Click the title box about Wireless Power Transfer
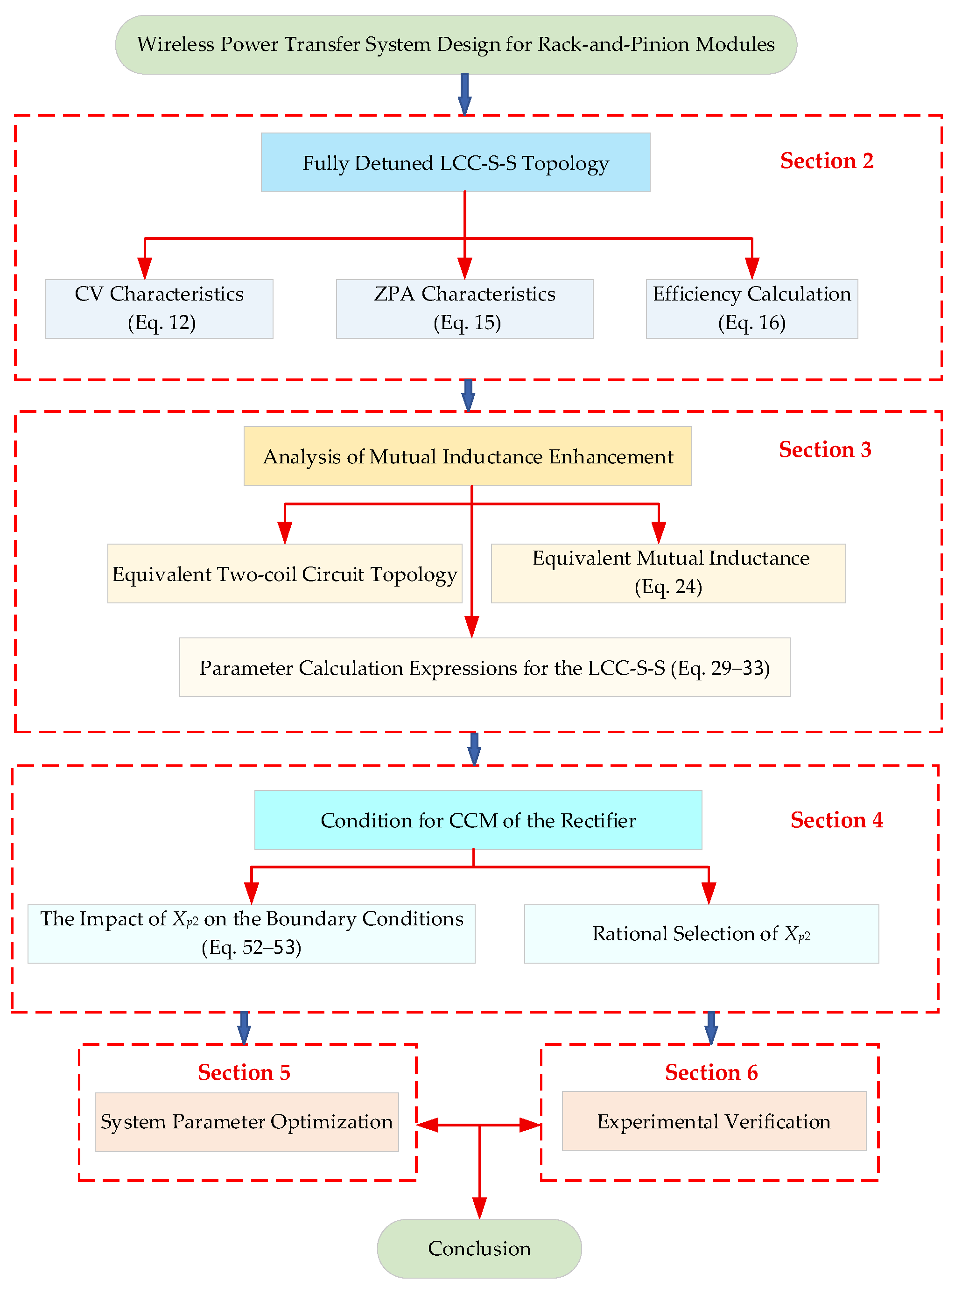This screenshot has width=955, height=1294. tap(456, 44)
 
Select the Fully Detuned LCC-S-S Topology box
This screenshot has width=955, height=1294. tap(456, 162)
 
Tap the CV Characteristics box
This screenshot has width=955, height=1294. tap(159, 308)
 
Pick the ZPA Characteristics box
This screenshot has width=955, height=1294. tap(464, 308)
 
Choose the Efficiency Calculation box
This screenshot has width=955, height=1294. tap(751, 308)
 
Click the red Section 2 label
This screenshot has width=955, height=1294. tap(827, 161)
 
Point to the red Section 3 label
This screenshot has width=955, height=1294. tap(825, 450)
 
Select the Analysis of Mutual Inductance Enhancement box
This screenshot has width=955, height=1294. tap(467, 456)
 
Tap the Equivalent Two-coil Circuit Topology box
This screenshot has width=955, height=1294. tap(284, 574)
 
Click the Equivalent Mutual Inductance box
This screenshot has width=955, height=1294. tap(668, 574)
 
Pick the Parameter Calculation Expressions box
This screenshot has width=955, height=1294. tap(485, 667)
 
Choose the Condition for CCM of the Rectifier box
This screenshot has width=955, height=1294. tap(478, 820)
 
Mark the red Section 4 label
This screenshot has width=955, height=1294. tap(836, 820)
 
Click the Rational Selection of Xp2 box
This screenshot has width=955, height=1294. tap(701, 934)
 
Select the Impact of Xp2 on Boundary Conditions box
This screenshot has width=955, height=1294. tap(252, 934)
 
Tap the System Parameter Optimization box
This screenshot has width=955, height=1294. tap(247, 1122)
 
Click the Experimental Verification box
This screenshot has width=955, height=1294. tap(714, 1121)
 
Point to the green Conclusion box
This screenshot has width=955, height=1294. tap(479, 1248)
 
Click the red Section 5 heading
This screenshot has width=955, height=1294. tap(244, 1073)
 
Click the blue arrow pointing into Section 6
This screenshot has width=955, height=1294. tap(711, 1028)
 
